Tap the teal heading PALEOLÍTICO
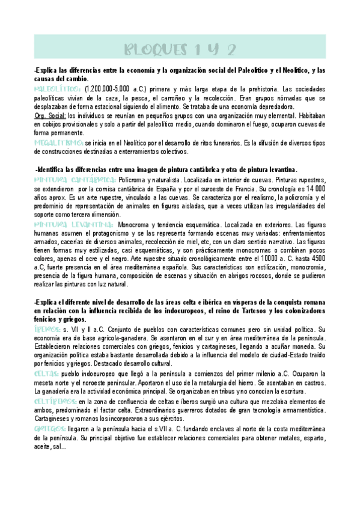(x=56, y=89)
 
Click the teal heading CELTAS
(x=47, y=374)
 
